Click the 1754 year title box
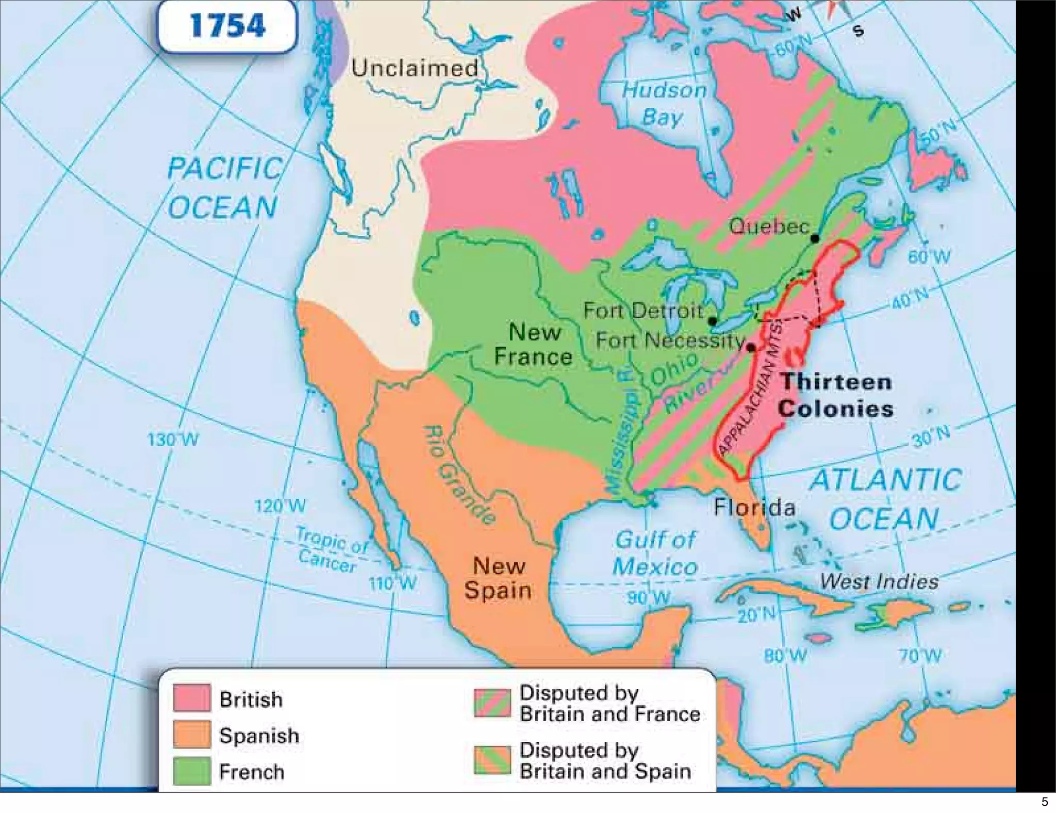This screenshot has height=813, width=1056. point(227,25)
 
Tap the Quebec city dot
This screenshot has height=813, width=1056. point(815,238)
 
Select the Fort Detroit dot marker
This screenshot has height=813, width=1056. point(713,321)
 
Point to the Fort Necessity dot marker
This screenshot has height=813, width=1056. point(751,348)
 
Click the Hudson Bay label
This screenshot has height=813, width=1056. point(664,104)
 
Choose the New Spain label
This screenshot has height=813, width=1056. point(498,578)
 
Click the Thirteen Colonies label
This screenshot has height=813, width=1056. point(835,395)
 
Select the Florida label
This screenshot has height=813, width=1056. point(754,508)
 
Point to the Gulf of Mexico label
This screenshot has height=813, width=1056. point(655,554)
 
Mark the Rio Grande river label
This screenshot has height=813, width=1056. point(459,475)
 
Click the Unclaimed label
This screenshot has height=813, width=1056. point(415,69)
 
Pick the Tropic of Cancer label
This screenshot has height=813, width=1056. point(330,550)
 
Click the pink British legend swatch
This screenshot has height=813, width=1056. point(192,697)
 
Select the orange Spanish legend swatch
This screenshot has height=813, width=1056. point(192,734)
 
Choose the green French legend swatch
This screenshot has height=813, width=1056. point(192,771)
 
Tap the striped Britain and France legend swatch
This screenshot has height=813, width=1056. point(492,703)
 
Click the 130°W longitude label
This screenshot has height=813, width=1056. point(173,440)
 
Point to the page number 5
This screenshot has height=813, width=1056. point(1044,802)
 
